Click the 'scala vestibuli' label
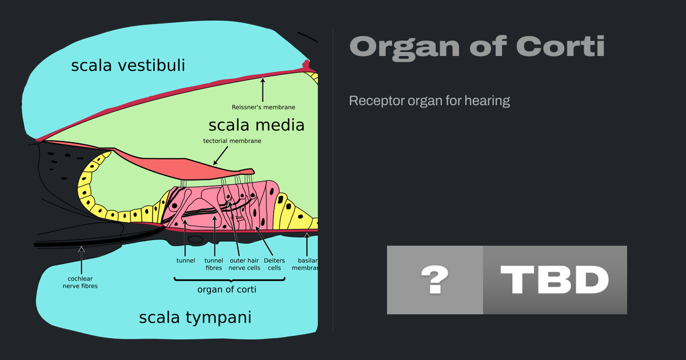(x=128, y=66)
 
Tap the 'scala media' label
(x=256, y=125)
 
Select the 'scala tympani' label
(x=195, y=317)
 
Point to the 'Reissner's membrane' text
(x=264, y=107)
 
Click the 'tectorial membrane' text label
(x=232, y=141)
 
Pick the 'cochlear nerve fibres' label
(x=80, y=282)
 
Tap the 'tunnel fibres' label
(x=214, y=264)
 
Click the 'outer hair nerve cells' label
(x=244, y=264)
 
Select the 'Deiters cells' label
(x=274, y=264)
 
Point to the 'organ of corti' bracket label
(x=226, y=289)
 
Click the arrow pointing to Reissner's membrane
(x=263, y=89)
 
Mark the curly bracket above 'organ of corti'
(x=229, y=279)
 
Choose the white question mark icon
(x=434, y=280)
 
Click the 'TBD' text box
(x=555, y=280)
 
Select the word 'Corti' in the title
(x=560, y=47)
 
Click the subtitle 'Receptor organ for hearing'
(x=429, y=101)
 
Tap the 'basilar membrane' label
(x=306, y=264)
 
